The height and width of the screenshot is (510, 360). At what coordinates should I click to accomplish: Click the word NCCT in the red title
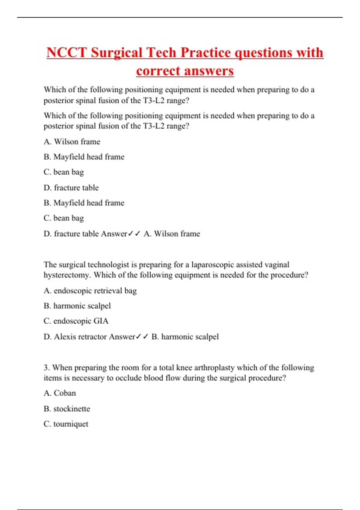(x=66, y=53)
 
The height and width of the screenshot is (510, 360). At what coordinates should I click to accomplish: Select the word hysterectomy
(x=66, y=275)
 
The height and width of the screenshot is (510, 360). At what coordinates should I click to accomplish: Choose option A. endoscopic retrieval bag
(x=90, y=291)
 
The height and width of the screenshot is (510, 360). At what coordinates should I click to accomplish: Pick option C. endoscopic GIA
(x=76, y=321)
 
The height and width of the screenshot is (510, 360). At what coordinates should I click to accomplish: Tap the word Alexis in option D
(x=65, y=337)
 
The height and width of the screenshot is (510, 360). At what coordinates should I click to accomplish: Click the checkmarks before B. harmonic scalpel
(x=142, y=337)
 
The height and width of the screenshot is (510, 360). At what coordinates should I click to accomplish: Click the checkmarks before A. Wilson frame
(x=134, y=234)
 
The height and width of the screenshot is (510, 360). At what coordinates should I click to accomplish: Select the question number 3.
(x=46, y=367)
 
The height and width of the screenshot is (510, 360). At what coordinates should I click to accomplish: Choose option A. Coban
(x=60, y=393)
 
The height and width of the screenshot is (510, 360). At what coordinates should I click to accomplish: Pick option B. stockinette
(x=67, y=409)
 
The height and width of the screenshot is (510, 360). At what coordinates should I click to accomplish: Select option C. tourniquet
(x=66, y=424)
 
